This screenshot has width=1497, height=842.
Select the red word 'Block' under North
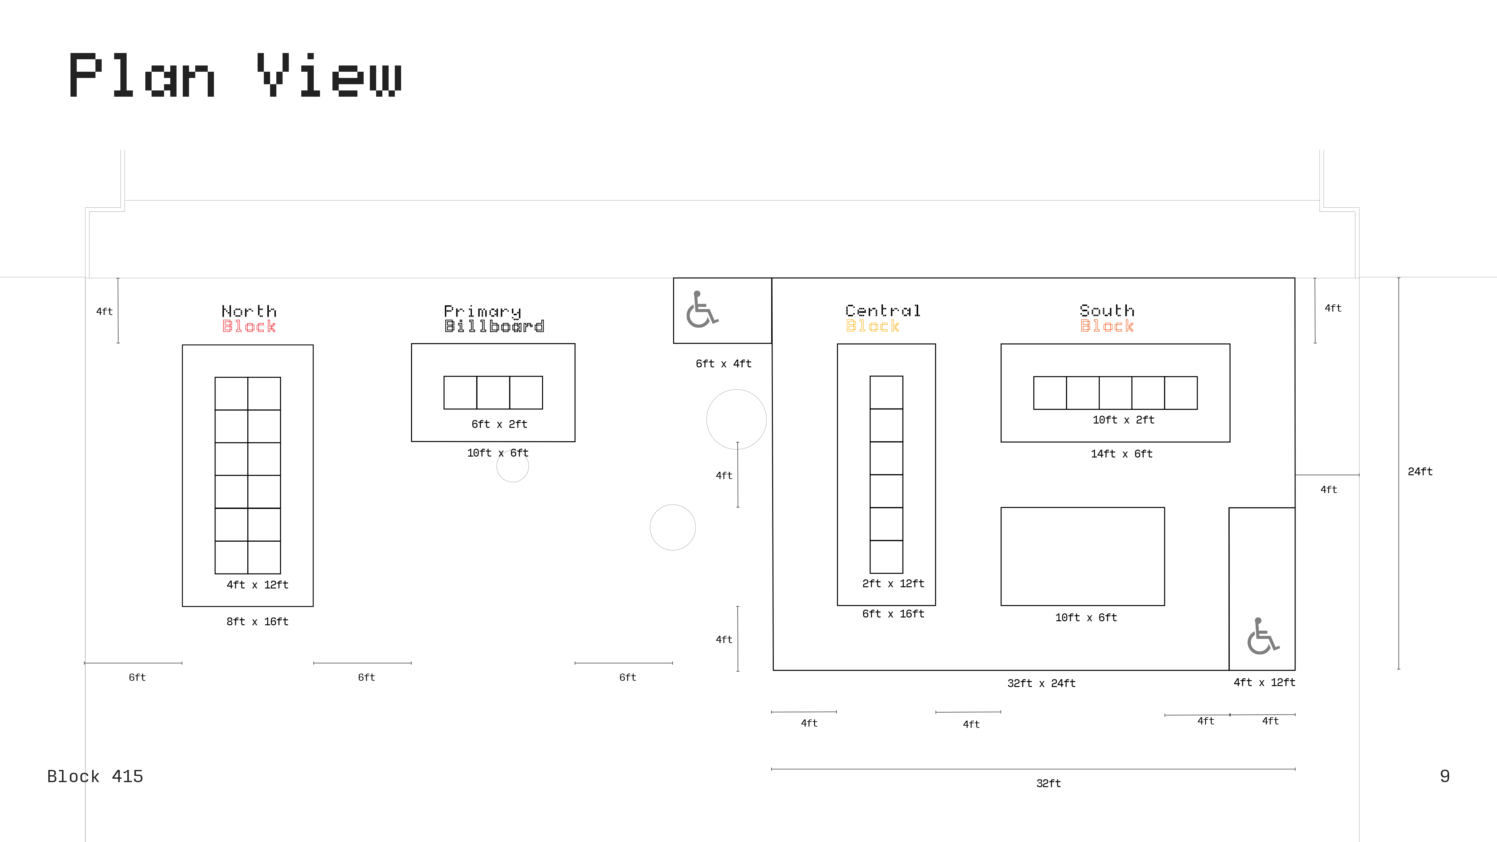click(x=249, y=327)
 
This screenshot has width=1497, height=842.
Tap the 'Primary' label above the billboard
click(x=482, y=312)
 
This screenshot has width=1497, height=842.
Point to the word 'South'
click(x=1107, y=311)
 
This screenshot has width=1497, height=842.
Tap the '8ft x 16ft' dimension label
click(x=257, y=622)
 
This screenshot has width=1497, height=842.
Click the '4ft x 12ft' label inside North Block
click(x=257, y=585)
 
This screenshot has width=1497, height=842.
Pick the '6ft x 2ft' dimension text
click(x=499, y=424)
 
